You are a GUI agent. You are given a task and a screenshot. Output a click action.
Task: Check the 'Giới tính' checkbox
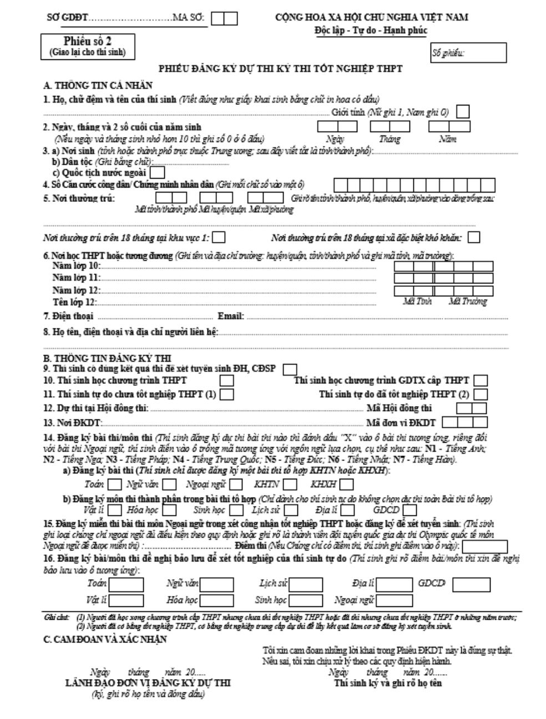[x=462, y=112]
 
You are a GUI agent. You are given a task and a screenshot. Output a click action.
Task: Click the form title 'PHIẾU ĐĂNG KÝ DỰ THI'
[x=280, y=69]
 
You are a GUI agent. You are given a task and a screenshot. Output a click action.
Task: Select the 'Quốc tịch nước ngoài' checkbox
[x=158, y=173]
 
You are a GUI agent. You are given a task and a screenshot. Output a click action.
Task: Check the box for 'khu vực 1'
[x=219, y=237]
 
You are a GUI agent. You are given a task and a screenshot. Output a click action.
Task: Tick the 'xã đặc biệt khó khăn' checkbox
[x=474, y=237]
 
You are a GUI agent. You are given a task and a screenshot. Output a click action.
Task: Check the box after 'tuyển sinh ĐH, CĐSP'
[x=290, y=369]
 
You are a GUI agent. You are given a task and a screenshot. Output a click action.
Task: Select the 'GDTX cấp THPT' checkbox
[x=481, y=381]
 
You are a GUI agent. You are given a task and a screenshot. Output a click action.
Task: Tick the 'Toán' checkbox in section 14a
[x=115, y=484]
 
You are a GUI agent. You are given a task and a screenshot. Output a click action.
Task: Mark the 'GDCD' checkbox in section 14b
[x=410, y=509]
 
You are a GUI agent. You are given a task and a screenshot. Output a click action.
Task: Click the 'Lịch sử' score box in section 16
[x=306, y=584]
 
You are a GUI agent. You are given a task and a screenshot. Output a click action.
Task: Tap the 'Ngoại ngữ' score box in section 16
[x=393, y=600]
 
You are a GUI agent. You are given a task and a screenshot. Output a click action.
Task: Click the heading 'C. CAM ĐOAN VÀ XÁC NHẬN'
[x=105, y=639]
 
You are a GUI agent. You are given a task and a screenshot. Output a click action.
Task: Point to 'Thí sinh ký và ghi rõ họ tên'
[x=388, y=683]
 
